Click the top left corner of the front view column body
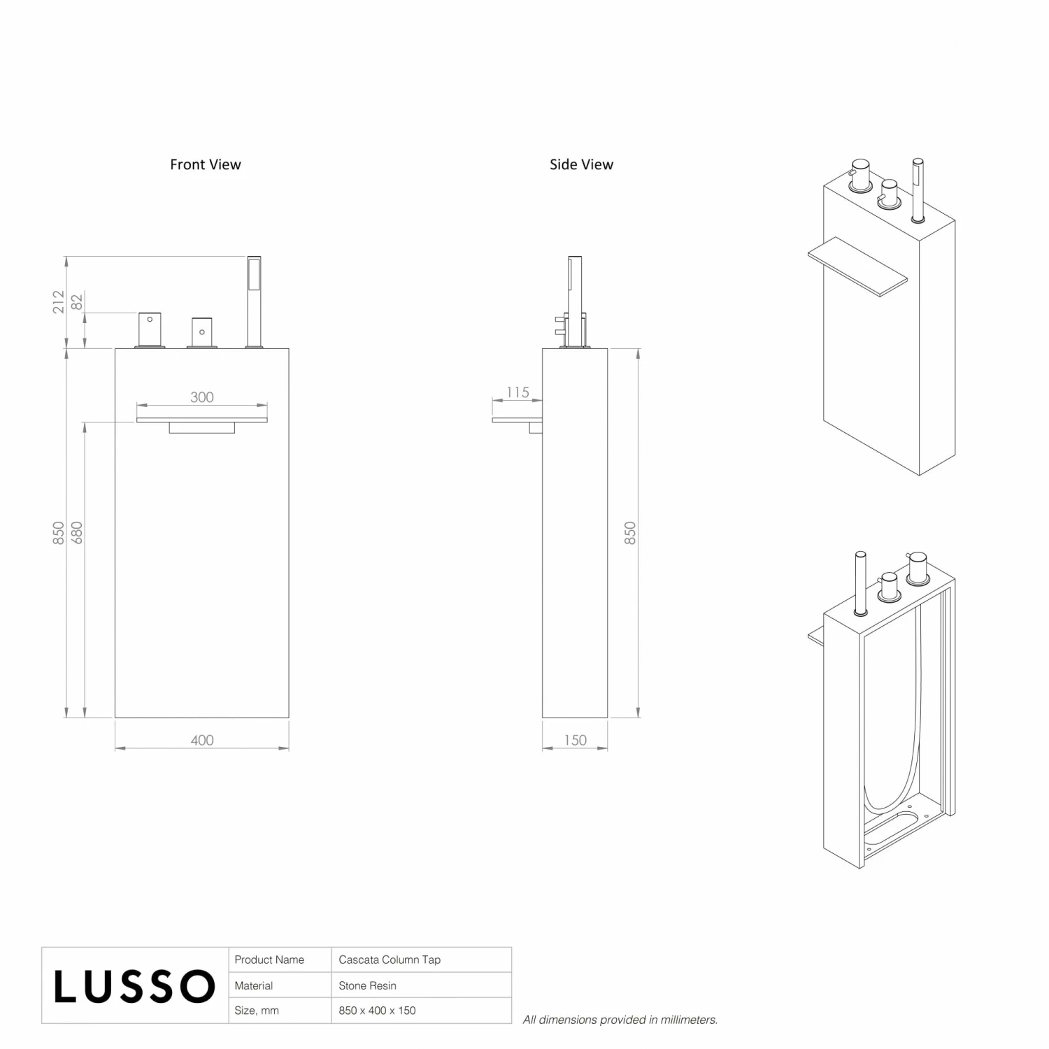115,348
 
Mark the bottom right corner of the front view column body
289,718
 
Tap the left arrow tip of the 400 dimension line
115,748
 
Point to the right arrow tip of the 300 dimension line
267,405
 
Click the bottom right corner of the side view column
607,718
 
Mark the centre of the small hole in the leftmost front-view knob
150,320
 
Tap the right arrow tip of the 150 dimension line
607,748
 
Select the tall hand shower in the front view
253,302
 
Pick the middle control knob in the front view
201,333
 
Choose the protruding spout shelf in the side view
518,422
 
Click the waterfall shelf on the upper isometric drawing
857,266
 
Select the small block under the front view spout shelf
202,428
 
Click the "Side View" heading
581,164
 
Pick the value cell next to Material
421,985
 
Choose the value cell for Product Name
421,959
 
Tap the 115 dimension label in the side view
518,392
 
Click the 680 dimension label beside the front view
77,533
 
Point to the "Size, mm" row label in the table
257,1011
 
